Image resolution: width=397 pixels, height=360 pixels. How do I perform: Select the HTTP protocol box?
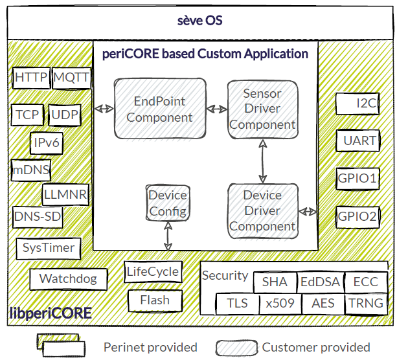tap(31, 78)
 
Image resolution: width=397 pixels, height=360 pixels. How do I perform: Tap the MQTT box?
tap(72, 78)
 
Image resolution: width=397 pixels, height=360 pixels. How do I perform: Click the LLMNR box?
tap(65, 194)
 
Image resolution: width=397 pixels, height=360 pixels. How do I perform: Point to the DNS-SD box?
tap(38, 217)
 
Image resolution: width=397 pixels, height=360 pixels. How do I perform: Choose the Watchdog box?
tap(68, 279)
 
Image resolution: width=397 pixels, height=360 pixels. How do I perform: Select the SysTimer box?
tap(49, 247)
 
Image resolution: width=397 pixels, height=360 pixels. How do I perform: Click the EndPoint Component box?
tap(159, 109)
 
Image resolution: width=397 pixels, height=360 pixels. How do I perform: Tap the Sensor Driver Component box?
tap(262, 109)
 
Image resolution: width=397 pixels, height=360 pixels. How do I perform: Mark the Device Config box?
tap(168, 203)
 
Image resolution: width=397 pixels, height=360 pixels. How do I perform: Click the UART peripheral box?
tap(357, 140)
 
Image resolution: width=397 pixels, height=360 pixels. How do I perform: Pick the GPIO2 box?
tap(357, 216)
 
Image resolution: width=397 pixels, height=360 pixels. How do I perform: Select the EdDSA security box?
tap(319, 282)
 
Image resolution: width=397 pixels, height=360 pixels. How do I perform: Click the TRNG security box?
tap(365, 303)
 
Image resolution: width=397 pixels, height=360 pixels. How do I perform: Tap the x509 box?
tap(280, 303)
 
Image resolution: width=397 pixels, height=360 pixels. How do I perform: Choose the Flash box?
tap(154, 300)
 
